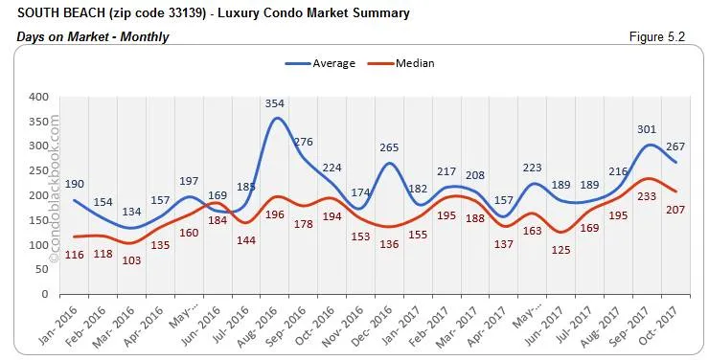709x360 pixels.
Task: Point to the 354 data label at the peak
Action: pos(277,103)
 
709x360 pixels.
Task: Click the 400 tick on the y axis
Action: pos(37,97)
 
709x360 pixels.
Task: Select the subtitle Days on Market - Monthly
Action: pos(93,36)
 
